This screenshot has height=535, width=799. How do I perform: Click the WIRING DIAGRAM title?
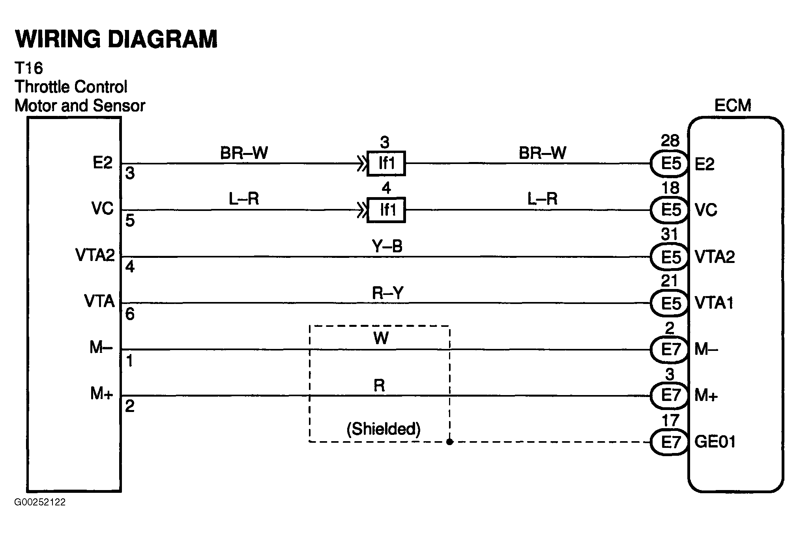pyautogui.click(x=116, y=39)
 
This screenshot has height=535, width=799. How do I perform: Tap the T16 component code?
pyautogui.click(x=28, y=68)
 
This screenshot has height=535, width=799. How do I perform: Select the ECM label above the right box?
pyautogui.click(x=733, y=106)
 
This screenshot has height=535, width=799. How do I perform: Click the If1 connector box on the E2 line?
pyautogui.click(x=386, y=163)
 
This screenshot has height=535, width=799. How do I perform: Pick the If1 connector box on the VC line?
pyautogui.click(x=386, y=210)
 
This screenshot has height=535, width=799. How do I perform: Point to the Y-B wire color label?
pyautogui.click(x=387, y=247)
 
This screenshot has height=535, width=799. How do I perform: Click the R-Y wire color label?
pyautogui.click(x=387, y=293)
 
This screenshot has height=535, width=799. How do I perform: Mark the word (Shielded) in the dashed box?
pyautogui.click(x=383, y=429)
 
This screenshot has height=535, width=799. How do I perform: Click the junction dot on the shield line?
pyautogui.click(x=449, y=442)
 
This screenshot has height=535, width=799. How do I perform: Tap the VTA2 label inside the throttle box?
pyautogui.click(x=95, y=255)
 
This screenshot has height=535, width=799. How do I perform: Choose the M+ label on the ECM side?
pyautogui.click(x=706, y=395)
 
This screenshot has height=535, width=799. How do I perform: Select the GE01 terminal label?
pyautogui.click(x=715, y=442)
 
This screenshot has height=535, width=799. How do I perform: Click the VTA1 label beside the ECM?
pyautogui.click(x=714, y=303)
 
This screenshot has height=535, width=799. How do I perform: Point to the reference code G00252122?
pyautogui.click(x=40, y=502)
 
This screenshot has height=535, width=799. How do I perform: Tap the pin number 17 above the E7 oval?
pyautogui.click(x=670, y=421)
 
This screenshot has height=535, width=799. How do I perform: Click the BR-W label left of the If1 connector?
pyautogui.click(x=244, y=153)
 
